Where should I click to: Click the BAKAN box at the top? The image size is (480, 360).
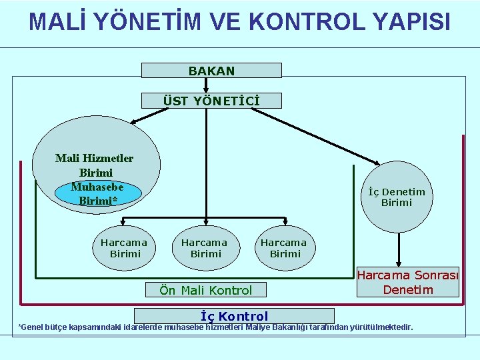click(x=211, y=70)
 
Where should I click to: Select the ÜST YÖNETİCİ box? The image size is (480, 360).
click(x=211, y=101)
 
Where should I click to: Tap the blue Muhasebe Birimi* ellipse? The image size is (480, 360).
click(x=97, y=193)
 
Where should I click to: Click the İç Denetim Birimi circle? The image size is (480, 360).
click(x=397, y=197)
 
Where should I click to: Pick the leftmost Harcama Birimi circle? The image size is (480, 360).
click(x=125, y=247)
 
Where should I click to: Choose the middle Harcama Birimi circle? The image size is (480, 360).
click(x=205, y=247)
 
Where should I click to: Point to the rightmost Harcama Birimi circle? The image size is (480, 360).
click(x=284, y=247)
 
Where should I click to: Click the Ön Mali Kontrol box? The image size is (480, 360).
click(x=205, y=290)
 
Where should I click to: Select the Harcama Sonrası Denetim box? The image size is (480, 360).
click(x=408, y=282)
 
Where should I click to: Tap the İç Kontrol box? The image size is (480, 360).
click(x=234, y=316)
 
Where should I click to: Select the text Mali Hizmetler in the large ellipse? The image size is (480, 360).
click(x=94, y=158)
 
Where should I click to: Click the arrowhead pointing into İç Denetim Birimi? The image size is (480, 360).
click(x=379, y=164)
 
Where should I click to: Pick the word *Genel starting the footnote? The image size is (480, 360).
click(x=31, y=327)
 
